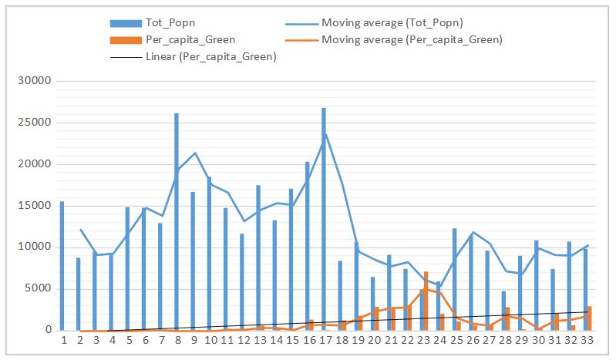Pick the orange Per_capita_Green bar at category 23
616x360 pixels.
coord(426,301)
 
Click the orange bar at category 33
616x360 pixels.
coord(590,318)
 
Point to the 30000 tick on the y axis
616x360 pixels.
coord(36,81)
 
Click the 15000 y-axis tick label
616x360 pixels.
coord(36,206)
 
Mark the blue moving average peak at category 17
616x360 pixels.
coord(325,136)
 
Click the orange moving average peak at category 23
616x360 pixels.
coord(423,289)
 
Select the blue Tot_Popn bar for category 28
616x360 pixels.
coord(503,311)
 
